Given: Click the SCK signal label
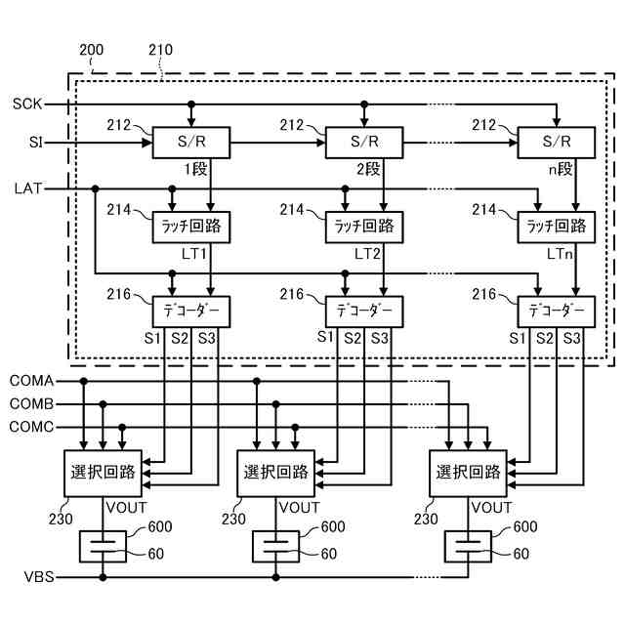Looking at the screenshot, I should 26,104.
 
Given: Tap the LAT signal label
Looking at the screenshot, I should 27,187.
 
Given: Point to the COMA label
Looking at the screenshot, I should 32,381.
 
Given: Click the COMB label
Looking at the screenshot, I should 32,403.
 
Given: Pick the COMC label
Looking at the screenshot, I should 32,426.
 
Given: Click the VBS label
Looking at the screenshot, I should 37,577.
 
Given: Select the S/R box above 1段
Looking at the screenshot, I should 191,144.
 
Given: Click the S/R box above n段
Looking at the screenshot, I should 556,144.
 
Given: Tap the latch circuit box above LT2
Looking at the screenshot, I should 363,227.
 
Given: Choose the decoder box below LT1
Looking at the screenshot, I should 191,312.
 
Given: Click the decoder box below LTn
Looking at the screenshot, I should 556,312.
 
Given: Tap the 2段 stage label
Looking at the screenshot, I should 368,169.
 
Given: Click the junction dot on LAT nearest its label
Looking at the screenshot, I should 95,187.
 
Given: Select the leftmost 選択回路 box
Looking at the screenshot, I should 103,472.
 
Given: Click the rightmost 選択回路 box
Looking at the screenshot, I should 469,472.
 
